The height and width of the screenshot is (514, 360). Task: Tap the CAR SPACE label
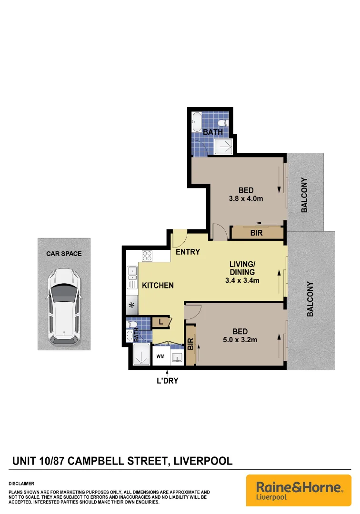pyautogui.click(x=64, y=254)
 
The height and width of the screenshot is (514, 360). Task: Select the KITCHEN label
pyautogui.click(x=158, y=286)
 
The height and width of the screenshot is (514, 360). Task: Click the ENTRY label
pyautogui.click(x=188, y=252)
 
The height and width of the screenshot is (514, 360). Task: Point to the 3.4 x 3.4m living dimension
pyautogui.click(x=242, y=280)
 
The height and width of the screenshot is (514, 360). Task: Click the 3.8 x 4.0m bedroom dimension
pyautogui.click(x=246, y=199)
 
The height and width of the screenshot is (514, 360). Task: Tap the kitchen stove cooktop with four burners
pyautogui.click(x=147, y=256)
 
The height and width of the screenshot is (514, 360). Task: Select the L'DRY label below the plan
pyautogui.click(x=167, y=380)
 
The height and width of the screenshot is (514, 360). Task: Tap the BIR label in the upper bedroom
pyautogui.click(x=256, y=233)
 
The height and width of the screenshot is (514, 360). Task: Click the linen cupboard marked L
pyautogui.click(x=160, y=322)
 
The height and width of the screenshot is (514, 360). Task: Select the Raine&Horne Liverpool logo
pyautogui.click(x=299, y=490)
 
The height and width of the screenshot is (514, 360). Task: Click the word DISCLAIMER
pyautogui.click(x=21, y=484)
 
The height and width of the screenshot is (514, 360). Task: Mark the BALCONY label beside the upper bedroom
pyautogui.click(x=304, y=195)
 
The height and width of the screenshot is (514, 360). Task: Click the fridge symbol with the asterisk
pyautogui.click(x=132, y=305)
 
